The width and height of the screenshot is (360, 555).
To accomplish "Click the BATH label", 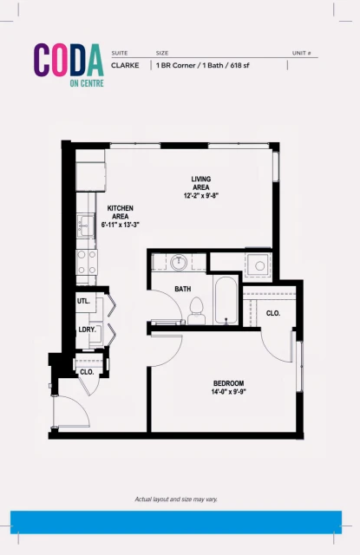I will pos(182,289).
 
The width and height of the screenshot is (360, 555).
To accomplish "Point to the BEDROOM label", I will pos(229,383).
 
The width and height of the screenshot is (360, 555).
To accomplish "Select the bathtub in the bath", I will pos(224,301).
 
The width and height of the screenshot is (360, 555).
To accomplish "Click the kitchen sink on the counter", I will pos(85,227).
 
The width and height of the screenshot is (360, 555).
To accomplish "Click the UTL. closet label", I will pos(84,301).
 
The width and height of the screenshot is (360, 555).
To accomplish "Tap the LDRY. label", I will pos(86,330).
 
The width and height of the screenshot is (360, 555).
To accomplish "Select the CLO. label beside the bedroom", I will pos(272,313).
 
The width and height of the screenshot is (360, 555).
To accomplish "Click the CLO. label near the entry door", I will pos(87,371).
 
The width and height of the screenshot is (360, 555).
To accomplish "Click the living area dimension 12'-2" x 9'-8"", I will pos(200,196).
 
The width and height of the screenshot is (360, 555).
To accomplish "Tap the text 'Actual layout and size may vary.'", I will pos(180,499).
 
